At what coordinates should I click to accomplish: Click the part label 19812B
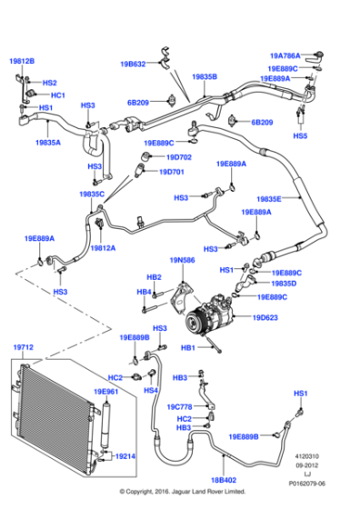click(x=22, y=61)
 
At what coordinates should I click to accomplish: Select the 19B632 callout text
click(x=133, y=65)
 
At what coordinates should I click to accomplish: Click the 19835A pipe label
click(x=49, y=142)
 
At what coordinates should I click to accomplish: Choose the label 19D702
click(x=172, y=157)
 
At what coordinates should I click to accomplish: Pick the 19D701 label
click(x=172, y=171)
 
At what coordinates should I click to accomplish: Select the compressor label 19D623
click(x=265, y=317)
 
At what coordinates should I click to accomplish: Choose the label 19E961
click(x=105, y=392)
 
